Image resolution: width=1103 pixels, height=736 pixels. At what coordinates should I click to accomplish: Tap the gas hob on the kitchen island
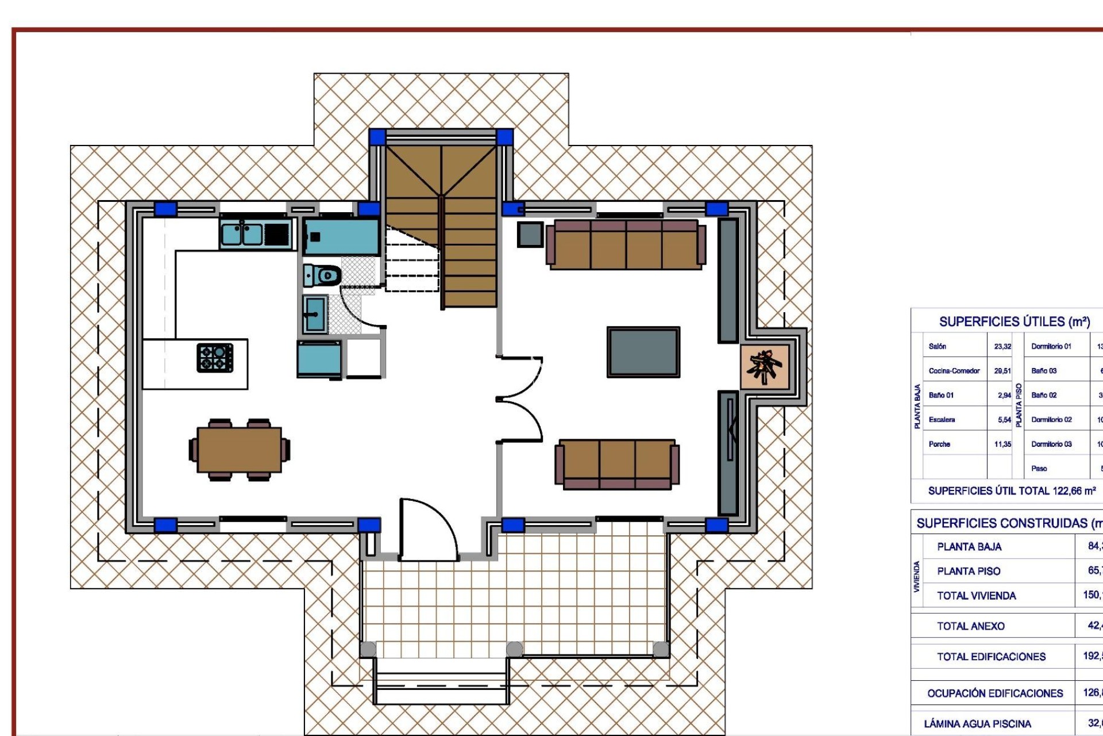coord(215,358)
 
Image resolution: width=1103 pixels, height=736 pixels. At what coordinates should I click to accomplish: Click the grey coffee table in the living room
coord(643,352)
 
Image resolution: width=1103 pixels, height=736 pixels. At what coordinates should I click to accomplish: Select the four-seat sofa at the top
coord(626,244)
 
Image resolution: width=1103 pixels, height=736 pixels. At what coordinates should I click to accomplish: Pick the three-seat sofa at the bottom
coord(617,465)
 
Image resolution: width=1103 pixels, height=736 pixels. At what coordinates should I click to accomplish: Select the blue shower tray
coord(341,237)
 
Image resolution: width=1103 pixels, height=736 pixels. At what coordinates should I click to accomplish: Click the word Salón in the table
coord(937,346)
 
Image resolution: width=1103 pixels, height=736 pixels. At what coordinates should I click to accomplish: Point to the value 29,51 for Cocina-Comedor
coord(1002,371)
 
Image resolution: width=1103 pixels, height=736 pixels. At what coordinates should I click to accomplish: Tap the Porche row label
coord(939,444)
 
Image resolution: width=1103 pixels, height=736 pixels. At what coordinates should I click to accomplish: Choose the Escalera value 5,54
coord(1004,420)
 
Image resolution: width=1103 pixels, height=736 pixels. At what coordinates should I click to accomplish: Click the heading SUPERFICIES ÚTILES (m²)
coord(1015,322)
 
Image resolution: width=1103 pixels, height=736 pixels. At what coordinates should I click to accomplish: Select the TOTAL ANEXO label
coord(970,626)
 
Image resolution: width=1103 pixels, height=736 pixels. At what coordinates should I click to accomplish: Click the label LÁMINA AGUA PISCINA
coord(977,724)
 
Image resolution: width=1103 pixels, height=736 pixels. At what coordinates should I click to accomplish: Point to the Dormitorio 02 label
coord(1051,420)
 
